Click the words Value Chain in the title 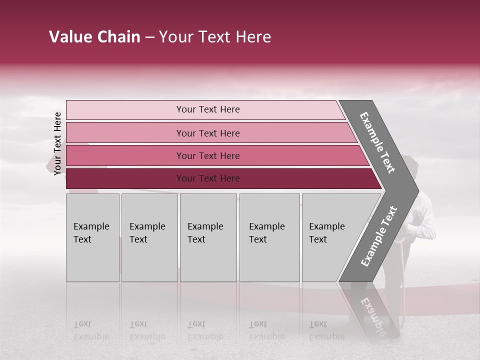coord(94,37)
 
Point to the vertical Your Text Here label coord(57,143)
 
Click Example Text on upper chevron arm coord(377,142)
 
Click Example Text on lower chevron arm coord(379,236)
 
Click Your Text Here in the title coord(215,37)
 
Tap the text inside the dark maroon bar coord(208,178)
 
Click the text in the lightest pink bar coord(208,109)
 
